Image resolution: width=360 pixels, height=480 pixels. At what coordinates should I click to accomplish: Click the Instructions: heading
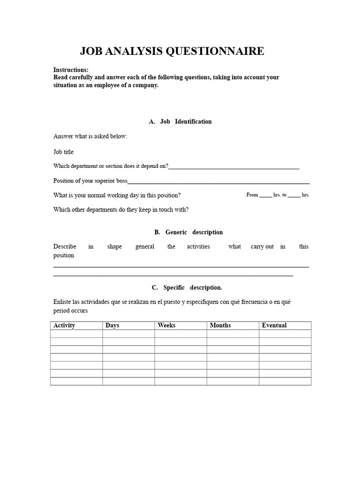click(71, 70)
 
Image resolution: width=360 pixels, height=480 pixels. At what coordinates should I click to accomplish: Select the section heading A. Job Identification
click(180, 121)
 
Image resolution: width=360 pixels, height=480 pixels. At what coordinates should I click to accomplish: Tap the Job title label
click(63, 152)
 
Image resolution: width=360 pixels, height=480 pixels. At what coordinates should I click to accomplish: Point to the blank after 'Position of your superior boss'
click(218, 182)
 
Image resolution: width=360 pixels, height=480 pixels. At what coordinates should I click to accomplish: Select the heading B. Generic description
click(188, 232)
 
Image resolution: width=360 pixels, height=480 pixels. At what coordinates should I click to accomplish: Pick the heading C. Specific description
click(187, 287)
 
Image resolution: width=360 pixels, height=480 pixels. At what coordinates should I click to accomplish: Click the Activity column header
click(64, 325)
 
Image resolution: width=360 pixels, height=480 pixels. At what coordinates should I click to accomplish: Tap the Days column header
click(112, 325)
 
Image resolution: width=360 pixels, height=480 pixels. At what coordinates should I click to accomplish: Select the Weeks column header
click(167, 325)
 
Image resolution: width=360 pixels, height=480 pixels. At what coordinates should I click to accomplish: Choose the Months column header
click(220, 325)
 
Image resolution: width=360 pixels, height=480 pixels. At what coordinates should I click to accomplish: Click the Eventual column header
click(274, 325)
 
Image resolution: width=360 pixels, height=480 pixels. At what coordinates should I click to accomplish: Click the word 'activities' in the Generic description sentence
click(198, 247)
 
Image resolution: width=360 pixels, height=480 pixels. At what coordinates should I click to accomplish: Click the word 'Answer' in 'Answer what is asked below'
click(63, 136)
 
